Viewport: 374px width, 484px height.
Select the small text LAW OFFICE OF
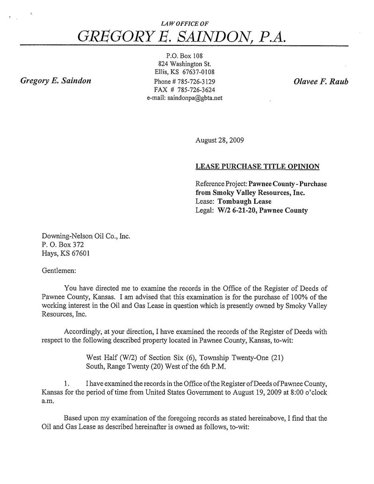(x=184, y=23)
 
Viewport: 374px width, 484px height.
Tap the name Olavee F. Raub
(x=321, y=81)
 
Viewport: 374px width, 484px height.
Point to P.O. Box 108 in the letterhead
(x=184, y=55)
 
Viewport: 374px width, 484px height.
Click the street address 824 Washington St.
(x=184, y=64)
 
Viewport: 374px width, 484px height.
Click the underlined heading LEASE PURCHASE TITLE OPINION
(x=258, y=166)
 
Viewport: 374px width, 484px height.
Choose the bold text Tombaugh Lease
(x=241, y=202)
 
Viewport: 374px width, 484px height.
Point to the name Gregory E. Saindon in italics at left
(x=56, y=81)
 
